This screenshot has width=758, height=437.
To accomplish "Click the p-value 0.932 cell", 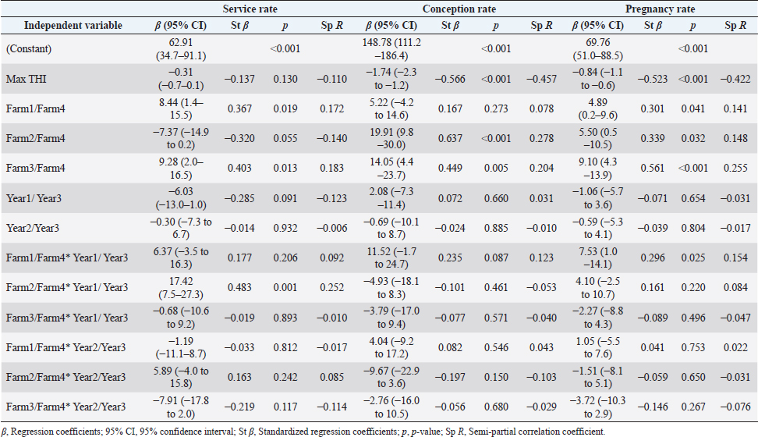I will (281, 228).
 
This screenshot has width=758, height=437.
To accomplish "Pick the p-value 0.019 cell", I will (281, 108).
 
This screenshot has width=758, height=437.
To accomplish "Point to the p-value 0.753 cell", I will (694, 347).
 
